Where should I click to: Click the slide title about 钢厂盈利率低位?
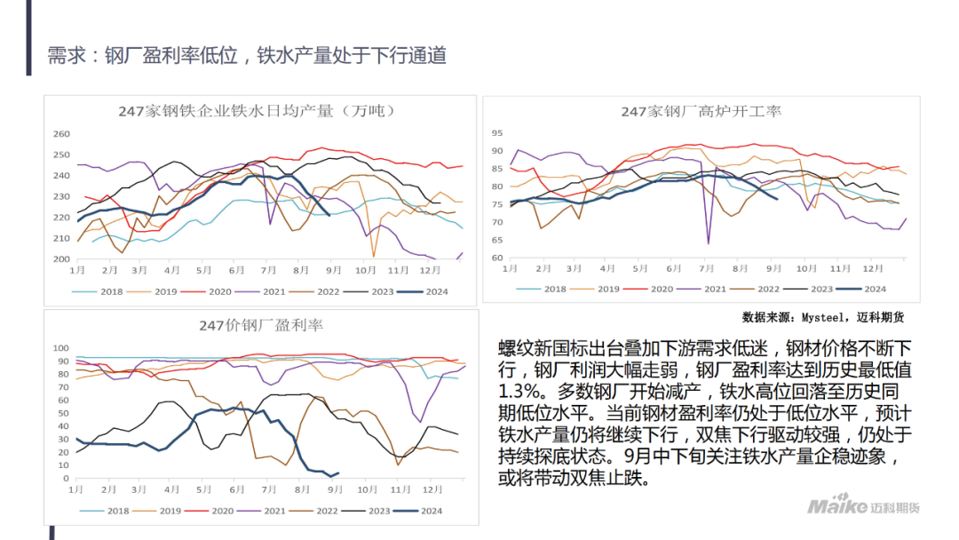[247, 55]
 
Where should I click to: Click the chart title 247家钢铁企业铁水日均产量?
[257, 111]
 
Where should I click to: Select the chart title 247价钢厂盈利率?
[261, 325]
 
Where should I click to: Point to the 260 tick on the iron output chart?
[61, 134]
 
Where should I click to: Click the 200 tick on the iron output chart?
[61, 259]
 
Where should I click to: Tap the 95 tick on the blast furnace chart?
[497, 132]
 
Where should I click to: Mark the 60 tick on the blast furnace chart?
[497, 258]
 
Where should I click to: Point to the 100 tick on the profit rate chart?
[62, 348]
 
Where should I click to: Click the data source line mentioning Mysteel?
[822, 317]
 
